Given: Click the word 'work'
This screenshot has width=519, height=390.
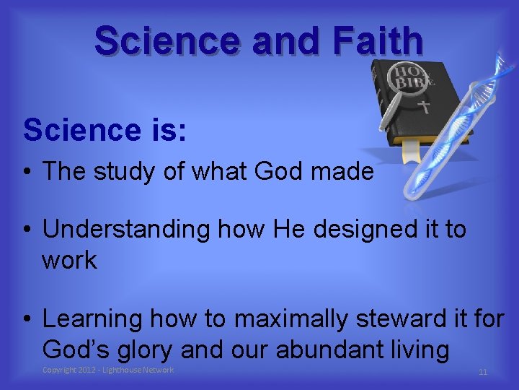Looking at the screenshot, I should tap(69, 260).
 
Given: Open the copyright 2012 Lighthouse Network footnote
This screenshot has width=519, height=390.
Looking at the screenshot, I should tap(108, 370).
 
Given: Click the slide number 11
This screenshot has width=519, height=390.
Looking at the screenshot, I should tap(483, 372).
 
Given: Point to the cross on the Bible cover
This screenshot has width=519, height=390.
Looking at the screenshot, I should tap(425, 107).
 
